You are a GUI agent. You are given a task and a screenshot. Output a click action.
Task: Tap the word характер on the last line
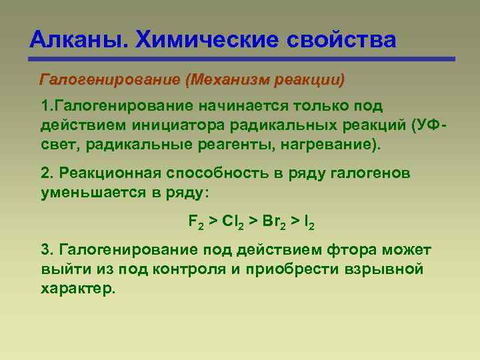(x=77, y=288)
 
